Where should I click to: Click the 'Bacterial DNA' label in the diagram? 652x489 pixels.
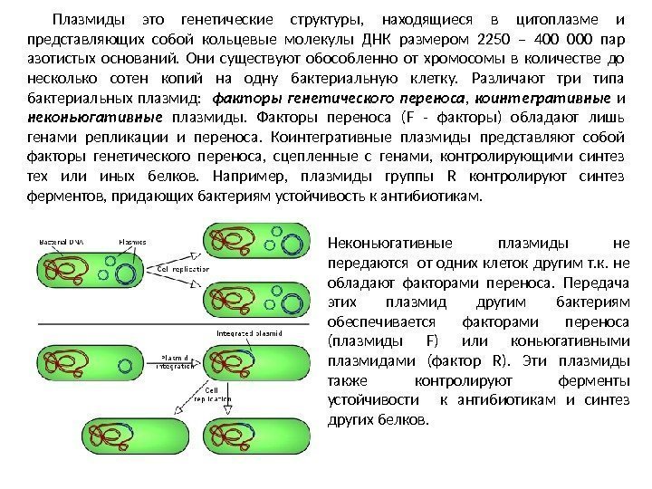coord(60,242)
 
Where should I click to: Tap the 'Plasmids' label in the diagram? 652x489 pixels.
coord(132,242)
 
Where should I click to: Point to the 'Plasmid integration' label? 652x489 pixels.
coord(177,361)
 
